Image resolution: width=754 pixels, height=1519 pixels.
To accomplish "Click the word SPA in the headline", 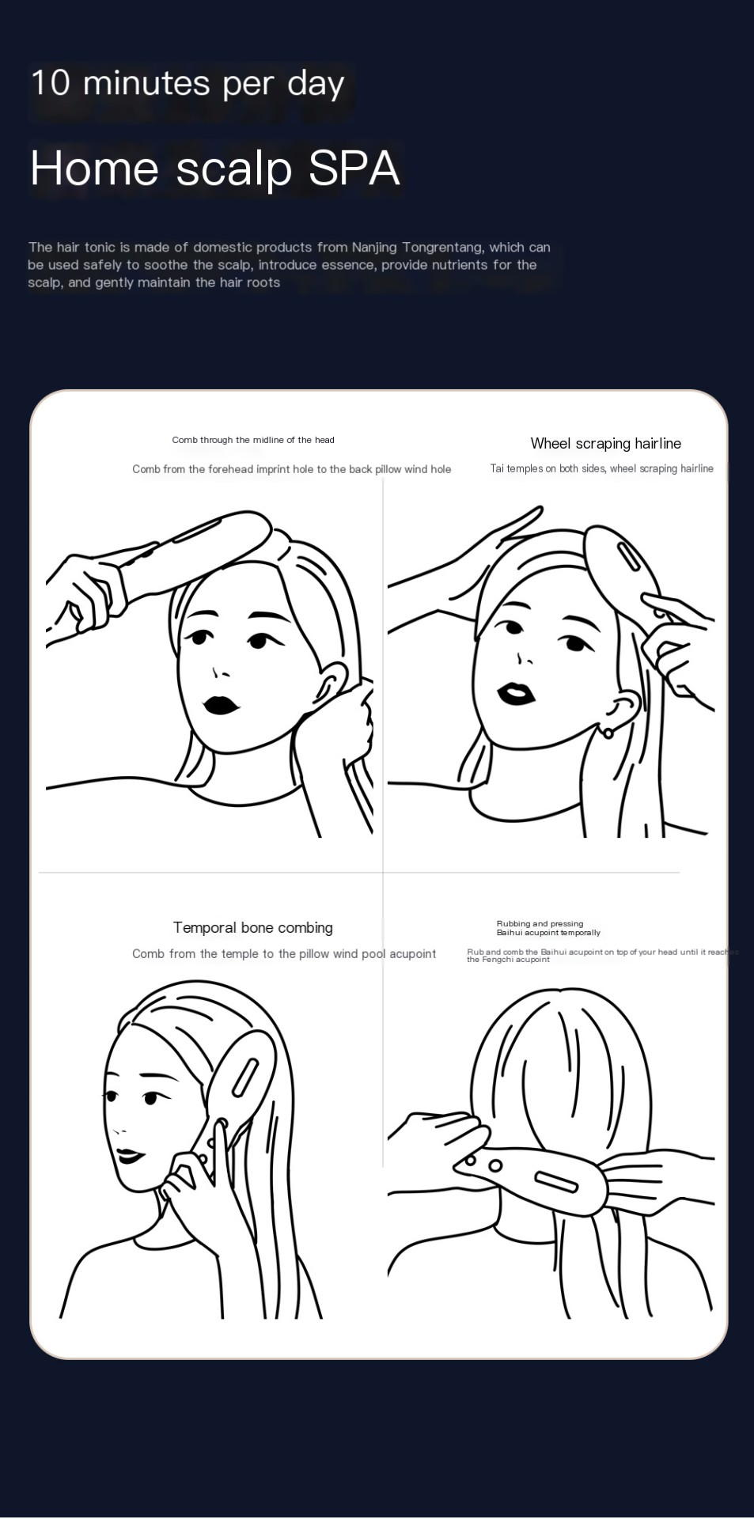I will click(x=354, y=169).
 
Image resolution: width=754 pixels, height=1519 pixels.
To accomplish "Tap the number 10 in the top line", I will click(x=51, y=83).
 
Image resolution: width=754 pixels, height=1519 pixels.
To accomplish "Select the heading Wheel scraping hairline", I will click(x=605, y=444).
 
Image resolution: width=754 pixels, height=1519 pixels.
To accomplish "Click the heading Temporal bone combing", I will click(x=252, y=928).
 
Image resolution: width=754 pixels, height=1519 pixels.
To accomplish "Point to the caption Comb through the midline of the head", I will click(x=253, y=440).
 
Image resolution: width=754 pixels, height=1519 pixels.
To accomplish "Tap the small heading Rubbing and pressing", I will click(x=540, y=923).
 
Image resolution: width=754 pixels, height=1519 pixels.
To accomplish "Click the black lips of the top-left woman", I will click(x=221, y=704).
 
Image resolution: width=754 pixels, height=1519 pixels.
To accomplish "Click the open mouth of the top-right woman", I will click(x=516, y=694).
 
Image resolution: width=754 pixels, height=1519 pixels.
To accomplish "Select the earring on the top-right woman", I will click(x=608, y=733).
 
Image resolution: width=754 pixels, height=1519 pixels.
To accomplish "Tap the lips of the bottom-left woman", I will click(x=129, y=1156).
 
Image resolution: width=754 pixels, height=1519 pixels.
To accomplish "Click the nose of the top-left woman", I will click(x=218, y=673).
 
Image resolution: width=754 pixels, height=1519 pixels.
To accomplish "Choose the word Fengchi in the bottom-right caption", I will click(x=497, y=960).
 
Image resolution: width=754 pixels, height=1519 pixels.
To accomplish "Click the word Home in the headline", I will click(x=94, y=169).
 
